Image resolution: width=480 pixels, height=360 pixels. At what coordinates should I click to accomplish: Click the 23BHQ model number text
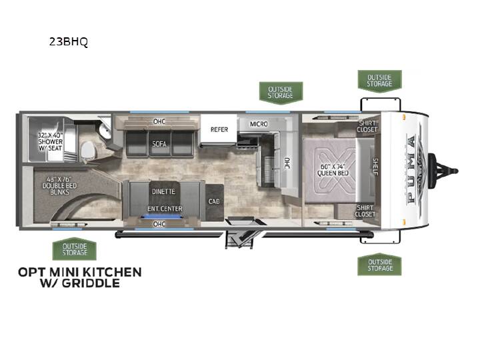pyautogui.click(x=68, y=41)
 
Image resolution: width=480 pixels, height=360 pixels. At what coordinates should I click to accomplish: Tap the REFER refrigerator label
pyautogui.click(x=219, y=129)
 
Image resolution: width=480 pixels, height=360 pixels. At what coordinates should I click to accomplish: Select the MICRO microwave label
pyautogui.click(x=259, y=124)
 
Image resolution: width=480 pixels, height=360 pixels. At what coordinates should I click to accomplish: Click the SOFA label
pyautogui.click(x=159, y=143)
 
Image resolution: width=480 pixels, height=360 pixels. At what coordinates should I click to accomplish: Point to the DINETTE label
pyautogui.click(x=164, y=191)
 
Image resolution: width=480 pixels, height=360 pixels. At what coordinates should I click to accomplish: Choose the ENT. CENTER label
pyautogui.click(x=165, y=209)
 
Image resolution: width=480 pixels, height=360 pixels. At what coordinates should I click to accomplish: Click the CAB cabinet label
pyautogui.click(x=214, y=201)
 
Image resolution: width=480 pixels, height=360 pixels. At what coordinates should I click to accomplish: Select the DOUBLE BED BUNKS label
pyautogui.click(x=60, y=186)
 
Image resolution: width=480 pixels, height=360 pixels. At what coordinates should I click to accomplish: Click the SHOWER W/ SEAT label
pyautogui.click(x=51, y=142)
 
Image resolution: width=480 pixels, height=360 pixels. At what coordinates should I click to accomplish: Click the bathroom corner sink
pyautogui.click(x=105, y=132)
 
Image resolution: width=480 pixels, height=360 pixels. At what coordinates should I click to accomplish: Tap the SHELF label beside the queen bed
pyautogui.click(x=375, y=167)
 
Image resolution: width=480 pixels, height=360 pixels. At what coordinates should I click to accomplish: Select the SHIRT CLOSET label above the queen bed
pyautogui.click(x=367, y=126)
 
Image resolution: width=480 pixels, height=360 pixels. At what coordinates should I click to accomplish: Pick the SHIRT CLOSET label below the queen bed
pyautogui.click(x=365, y=211)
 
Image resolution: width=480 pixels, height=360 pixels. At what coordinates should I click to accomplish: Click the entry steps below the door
pyautogui.click(x=240, y=239)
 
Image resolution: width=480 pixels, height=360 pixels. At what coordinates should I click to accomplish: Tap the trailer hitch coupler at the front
pyautogui.click(x=443, y=171)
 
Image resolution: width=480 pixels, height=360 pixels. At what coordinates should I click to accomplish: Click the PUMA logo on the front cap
pyautogui.click(x=412, y=170)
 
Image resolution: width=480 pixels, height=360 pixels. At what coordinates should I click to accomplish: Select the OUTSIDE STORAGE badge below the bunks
pyautogui.click(x=75, y=249)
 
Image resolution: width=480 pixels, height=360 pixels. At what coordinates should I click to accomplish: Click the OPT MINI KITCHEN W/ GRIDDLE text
pyautogui.click(x=80, y=277)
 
